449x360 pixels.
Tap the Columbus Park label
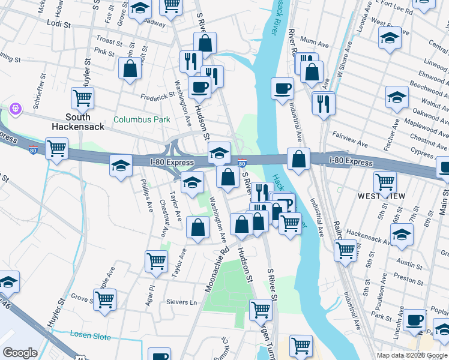(142, 120)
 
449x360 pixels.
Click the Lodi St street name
(58, 25)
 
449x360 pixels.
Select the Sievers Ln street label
(181, 302)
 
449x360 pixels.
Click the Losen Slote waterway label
(90, 336)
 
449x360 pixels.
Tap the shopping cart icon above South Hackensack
(82, 97)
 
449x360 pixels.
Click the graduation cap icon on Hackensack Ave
(402, 233)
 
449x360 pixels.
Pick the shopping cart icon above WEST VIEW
(385, 181)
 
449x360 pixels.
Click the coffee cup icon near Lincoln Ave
(414, 319)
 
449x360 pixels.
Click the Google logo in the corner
(20, 353)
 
